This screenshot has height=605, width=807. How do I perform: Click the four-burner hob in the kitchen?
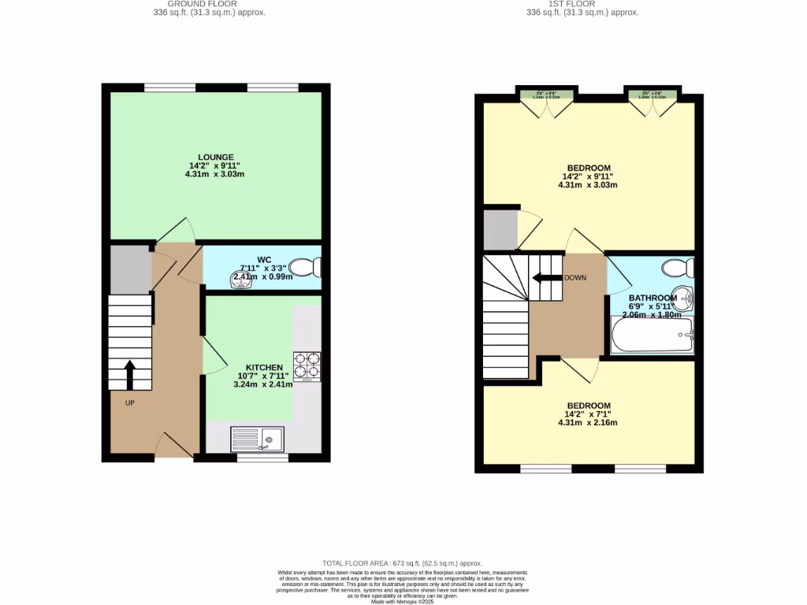tap(307, 366)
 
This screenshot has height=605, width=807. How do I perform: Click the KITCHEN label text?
tap(264, 368)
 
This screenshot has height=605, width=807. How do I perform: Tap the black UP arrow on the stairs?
tap(129, 375)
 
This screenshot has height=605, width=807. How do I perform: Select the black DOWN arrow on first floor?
tap(545, 277)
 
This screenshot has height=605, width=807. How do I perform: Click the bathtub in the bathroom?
tap(652, 336)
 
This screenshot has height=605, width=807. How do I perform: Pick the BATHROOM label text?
tap(652, 298)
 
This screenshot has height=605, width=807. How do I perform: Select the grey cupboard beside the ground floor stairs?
tap(130, 269)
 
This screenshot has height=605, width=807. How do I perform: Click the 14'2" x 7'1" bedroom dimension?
tap(587, 414)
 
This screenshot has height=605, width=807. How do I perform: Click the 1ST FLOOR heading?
tap(582, 3)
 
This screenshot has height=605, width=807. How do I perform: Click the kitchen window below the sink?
tap(262, 457)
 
